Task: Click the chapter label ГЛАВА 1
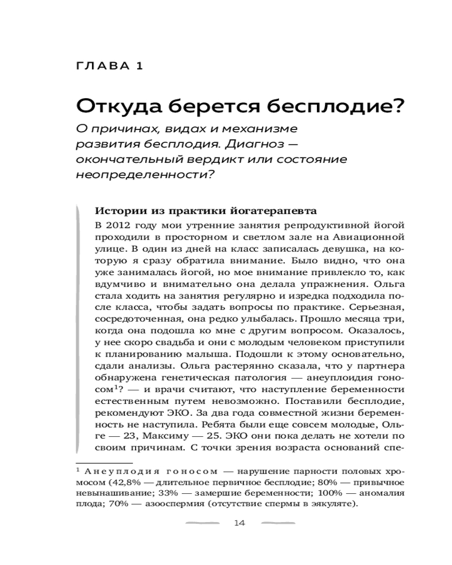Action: (x=110, y=66)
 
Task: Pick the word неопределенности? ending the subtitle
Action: (x=145, y=175)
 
